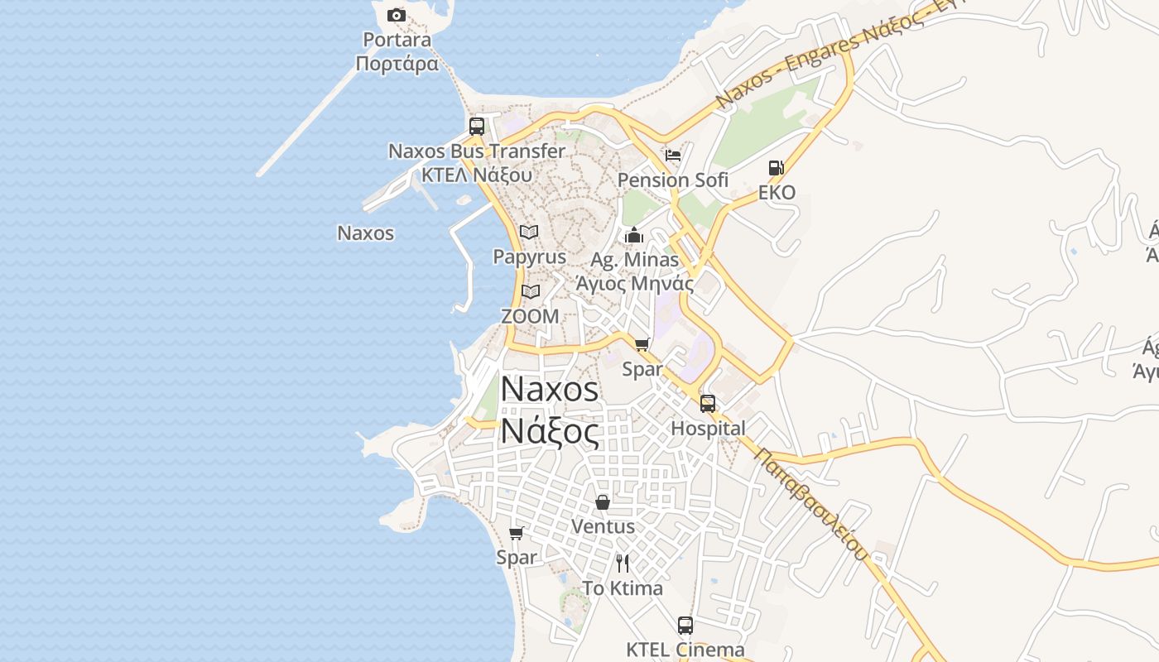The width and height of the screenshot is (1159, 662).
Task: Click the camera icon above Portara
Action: coord(397,15)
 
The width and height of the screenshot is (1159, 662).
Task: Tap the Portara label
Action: coord(397,40)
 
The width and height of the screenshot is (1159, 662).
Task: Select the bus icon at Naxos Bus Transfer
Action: coord(477,127)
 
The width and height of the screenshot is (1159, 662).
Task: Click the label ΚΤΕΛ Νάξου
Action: coord(477,175)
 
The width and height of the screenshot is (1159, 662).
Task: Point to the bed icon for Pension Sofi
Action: coord(673,156)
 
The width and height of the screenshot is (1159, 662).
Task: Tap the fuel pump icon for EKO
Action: coord(776,168)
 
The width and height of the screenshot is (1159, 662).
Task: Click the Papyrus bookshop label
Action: coord(530,257)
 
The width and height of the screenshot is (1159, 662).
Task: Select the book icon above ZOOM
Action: coord(531,291)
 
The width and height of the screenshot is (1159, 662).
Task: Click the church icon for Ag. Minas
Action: coord(634,236)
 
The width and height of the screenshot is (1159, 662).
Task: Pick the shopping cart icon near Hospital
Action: coord(642,344)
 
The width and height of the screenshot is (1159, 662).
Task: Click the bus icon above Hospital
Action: coord(708,404)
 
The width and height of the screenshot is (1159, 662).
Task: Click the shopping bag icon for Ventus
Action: coord(603,502)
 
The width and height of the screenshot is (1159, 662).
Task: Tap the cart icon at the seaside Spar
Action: coord(517,534)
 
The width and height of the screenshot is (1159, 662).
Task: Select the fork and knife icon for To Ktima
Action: coord(623,564)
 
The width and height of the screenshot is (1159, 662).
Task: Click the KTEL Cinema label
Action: coord(685,650)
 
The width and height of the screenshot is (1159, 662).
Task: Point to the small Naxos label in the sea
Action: coord(365,233)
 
